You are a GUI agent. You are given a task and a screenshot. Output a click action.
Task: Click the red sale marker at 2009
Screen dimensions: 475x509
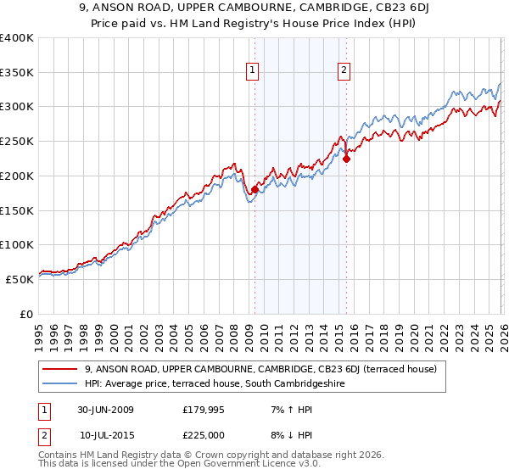coord(255,189)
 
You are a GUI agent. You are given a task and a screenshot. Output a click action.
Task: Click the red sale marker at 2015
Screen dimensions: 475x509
coord(346,159)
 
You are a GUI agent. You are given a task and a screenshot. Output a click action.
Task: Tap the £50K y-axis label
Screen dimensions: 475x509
coord(20,279)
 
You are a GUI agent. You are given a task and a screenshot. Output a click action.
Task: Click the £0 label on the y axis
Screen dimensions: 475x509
coord(26,314)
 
